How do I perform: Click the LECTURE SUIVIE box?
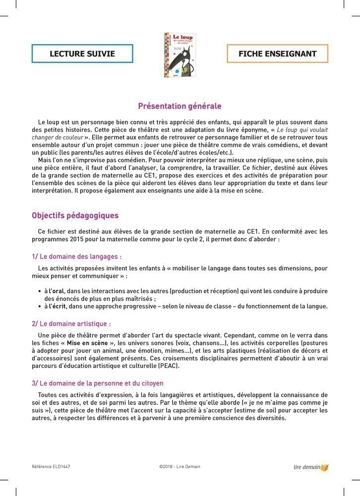click(82, 54)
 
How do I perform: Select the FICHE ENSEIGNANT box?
click(277, 54)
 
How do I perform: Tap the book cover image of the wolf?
click(180, 55)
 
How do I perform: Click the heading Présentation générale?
click(180, 106)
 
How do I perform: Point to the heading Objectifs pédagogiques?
click(75, 216)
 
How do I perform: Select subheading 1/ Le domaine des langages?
click(76, 256)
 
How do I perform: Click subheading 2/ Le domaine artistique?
click(71, 323)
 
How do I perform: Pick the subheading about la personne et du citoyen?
click(97, 383)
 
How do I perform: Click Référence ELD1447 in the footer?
click(51, 467)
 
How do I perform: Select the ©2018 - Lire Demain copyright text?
click(180, 467)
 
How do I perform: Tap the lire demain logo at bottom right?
click(311, 467)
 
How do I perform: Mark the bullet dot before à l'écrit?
click(40, 306)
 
